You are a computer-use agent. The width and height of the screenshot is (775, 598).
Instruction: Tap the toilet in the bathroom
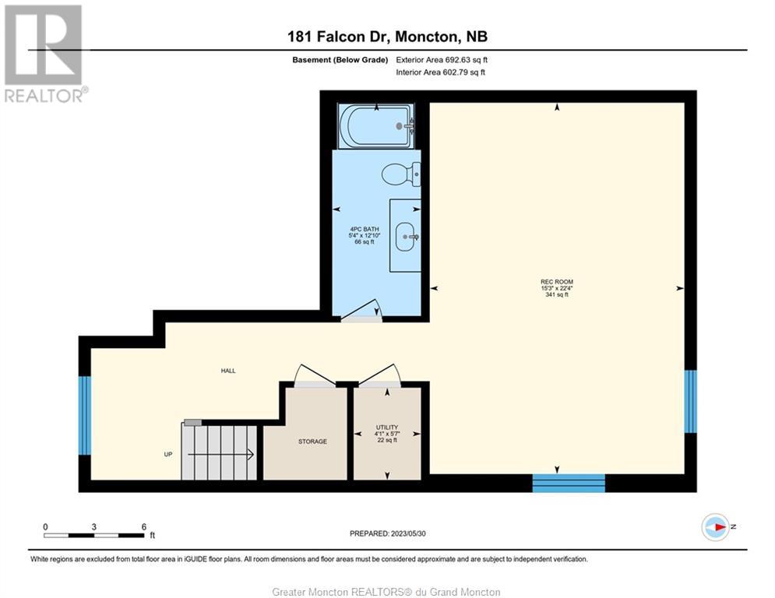point(401,174)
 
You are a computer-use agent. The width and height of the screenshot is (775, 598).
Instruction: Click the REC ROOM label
point(557,282)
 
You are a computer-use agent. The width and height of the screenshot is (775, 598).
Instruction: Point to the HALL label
point(228,371)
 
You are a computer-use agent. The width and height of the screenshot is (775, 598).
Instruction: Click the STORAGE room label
point(312,441)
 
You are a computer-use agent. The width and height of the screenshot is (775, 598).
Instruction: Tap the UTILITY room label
point(387,427)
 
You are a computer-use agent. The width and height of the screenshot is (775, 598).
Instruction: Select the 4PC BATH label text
point(365,230)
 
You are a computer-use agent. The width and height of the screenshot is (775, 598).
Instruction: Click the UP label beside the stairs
point(168,454)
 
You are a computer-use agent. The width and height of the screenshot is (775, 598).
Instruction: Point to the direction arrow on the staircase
point(221,454)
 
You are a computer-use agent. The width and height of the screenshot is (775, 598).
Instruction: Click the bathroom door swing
point(361,311)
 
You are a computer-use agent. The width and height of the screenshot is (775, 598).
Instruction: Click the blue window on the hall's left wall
point(85,416)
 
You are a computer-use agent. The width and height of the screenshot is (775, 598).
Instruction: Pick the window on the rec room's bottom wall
point(569,483)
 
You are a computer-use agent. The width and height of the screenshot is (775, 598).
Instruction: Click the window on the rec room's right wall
point(690,401)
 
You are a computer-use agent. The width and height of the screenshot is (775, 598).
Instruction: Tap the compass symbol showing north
point(716,527)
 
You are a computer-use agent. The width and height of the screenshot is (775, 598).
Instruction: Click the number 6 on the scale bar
point(144,527)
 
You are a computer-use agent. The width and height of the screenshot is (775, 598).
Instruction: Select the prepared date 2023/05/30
point(408,533)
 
